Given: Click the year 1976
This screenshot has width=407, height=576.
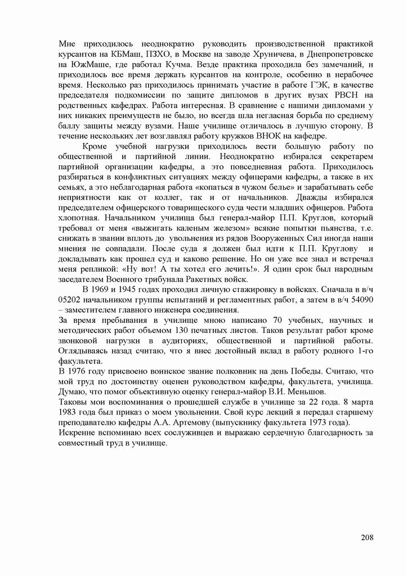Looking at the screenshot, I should coord(86,371).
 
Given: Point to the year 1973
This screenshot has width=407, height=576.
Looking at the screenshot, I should coord(319,422).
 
